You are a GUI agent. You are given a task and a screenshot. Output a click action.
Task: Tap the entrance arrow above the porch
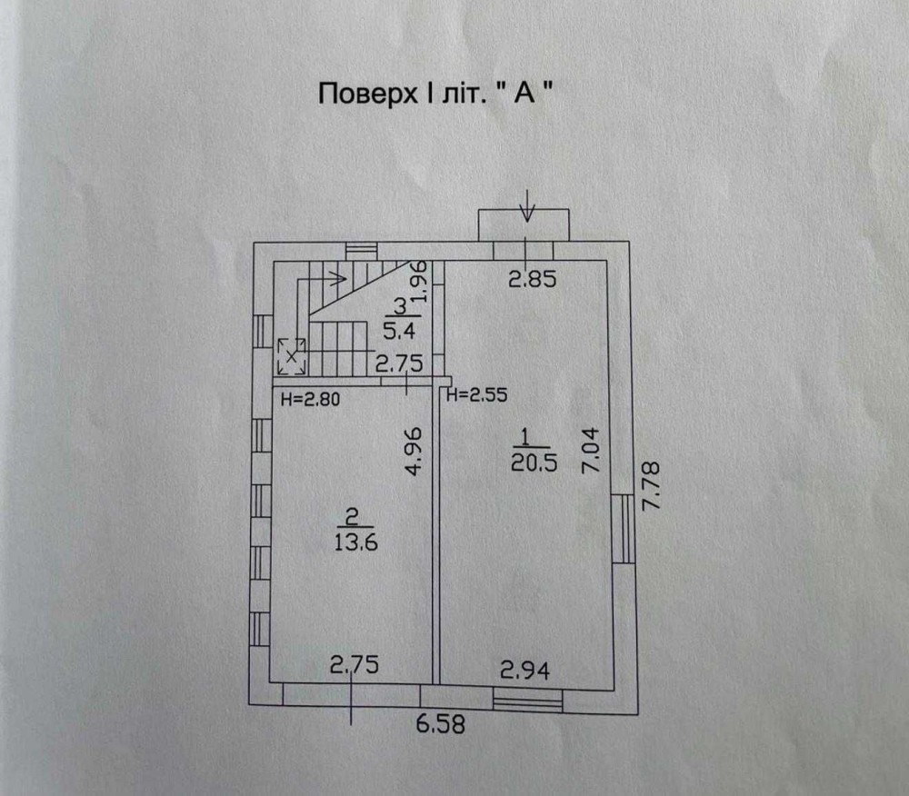pyautogui.click(x=526, y=205)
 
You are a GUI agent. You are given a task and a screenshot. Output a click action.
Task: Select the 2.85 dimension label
pyautogui.click(x=532, y=279)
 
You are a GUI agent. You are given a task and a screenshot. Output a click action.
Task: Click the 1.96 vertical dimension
pyautogui.click(x=421, y=282)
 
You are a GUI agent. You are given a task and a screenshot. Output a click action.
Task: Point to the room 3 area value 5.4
pyautogui.click(x=399, y=332)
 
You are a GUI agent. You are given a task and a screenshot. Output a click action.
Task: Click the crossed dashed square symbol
pyautogui.click(x=292, y=356)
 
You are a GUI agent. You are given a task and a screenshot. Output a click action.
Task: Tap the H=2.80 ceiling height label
pyautogui.click(x=310, y=399)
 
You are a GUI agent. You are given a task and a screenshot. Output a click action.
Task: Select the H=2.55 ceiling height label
pyautogui.click(x=477, y=395)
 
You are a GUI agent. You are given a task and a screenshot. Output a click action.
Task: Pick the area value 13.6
pyautogui.click(x=356, y=542)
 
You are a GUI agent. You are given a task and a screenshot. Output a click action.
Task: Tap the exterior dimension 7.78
pyautogui.click(x=651, y=485)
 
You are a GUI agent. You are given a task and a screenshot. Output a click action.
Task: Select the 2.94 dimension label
pyautogui.click(x=524, y=671)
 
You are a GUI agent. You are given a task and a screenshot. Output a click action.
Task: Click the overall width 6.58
pyautogui.click(x=441, y=724)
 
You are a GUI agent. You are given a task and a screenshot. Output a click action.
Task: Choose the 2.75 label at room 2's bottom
pyautogui.click(x=355, y=664)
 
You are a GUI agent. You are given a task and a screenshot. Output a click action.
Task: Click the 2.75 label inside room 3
pyautogui.click(x=399, y=363)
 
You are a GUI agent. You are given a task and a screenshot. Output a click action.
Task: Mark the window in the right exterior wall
pyautogui.click(x=624, y=528)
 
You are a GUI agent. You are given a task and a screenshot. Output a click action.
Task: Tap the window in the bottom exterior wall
pyautogui.click(x=527, y=700)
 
